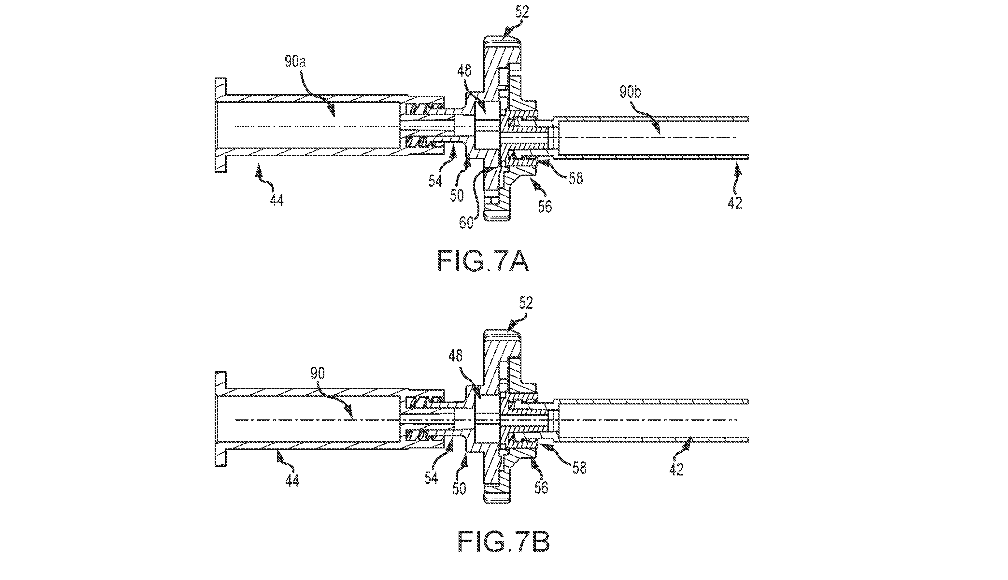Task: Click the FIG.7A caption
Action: point(483,261)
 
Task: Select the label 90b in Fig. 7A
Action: point(631,92)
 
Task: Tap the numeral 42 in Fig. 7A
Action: point(734,203)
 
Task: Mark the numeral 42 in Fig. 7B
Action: point(676,469)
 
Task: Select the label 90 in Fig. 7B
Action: point(318,373)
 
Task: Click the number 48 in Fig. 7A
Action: point(464,71)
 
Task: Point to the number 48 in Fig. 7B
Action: point(456,356)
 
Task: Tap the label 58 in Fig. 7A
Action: point(575,178)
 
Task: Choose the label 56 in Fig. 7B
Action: point(541,487)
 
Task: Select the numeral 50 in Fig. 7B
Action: point(459,489)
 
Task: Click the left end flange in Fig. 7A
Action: point(220,125)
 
